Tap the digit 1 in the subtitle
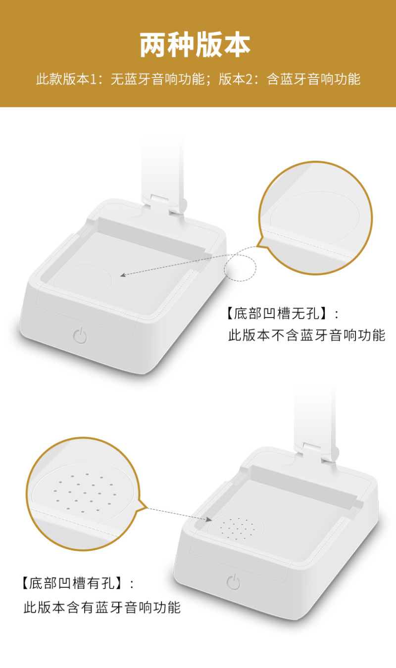[x=93, y=80]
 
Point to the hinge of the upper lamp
[x=169, y=204]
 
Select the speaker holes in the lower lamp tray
[x=238, y=529]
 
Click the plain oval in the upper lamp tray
[x=83, y=281]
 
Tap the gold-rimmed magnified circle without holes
[x=316, y=218]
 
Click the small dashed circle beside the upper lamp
[x=240, y=267]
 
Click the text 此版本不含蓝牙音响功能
[x=307, y=335]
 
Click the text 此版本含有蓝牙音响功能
[x=102, y=607]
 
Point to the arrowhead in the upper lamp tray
[x=123, y=274]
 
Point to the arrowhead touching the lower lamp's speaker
[x=209, y=519]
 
